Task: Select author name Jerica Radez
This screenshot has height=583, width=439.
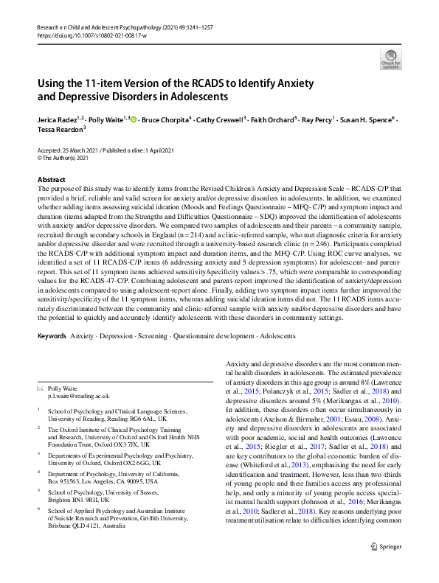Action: (61, 119)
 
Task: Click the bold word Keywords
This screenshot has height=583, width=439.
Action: (52, 335)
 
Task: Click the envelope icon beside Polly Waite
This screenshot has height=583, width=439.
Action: (40, 388)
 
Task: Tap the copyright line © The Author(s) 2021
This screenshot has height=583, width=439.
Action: (67, 157)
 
